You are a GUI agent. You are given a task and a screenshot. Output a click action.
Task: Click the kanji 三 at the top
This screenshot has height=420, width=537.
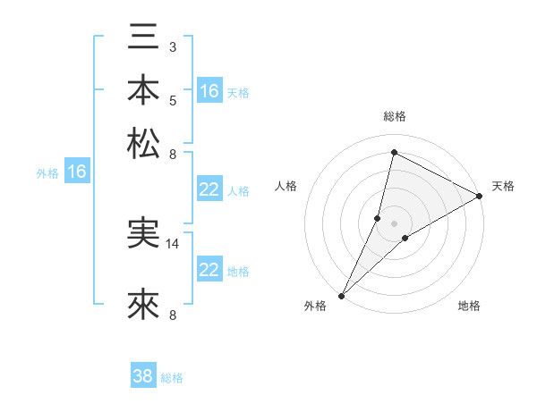143,39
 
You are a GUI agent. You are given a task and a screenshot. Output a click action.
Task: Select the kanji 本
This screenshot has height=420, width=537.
143,91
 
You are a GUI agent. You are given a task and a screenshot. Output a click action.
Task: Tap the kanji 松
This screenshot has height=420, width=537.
143,143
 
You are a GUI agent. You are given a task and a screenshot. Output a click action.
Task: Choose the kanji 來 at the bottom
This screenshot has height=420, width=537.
143,304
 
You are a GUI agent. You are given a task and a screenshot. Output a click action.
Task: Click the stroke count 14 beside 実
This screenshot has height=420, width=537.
173,243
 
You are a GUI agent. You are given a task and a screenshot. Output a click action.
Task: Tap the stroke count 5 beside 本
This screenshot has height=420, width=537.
173,99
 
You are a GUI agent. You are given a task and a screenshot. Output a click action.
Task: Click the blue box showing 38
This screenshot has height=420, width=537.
143,376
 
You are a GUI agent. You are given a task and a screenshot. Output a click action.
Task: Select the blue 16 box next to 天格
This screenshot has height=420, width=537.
209,91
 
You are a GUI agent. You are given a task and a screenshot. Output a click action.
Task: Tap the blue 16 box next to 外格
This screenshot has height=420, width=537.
77,172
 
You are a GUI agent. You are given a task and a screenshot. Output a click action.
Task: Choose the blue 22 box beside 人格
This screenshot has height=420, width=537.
209,189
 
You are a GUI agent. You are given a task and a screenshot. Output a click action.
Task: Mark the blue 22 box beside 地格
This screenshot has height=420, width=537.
209,270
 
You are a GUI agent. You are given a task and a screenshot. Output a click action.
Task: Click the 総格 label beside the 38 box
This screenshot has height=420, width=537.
172,378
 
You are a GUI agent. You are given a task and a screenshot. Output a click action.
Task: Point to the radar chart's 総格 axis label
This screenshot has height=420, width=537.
394,116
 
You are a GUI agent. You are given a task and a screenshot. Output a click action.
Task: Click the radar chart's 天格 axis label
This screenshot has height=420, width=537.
503,186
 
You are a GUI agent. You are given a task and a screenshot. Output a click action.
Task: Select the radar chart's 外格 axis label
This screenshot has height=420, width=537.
315,307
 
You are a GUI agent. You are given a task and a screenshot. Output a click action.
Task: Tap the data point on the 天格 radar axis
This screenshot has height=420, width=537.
480,196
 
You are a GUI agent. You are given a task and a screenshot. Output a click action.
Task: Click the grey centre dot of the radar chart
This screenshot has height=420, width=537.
394,223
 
